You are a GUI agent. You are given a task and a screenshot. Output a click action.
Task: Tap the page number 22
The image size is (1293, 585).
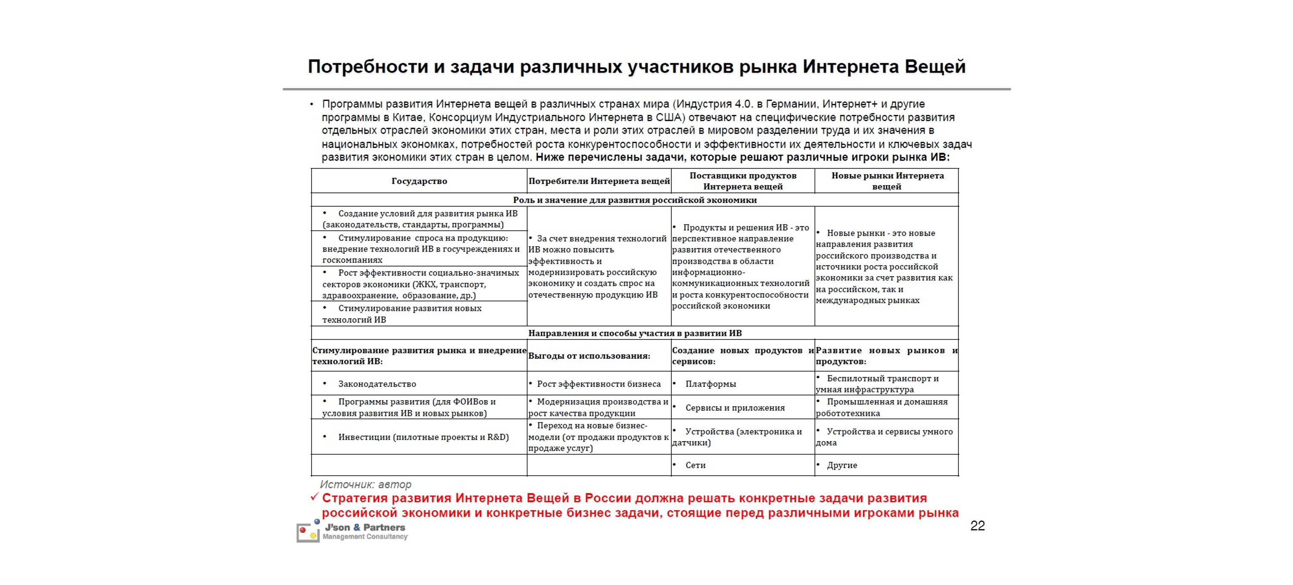977,526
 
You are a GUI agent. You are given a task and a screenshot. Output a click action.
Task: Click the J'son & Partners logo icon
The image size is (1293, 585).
308,531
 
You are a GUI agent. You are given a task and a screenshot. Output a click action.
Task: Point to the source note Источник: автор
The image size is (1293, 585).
365,485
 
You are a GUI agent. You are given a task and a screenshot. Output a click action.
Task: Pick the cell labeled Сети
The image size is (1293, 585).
695,465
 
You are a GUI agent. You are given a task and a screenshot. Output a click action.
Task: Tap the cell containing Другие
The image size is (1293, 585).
842,465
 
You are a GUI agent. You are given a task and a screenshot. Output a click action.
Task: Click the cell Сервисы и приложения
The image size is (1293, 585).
735,408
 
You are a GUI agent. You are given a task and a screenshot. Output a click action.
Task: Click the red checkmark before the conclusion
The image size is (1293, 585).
315,497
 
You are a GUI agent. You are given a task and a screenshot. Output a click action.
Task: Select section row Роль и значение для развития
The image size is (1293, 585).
634,200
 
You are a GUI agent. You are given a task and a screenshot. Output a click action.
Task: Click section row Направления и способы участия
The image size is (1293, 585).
634,333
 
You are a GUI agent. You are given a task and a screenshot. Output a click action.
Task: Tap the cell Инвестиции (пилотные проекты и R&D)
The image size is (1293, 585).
423,437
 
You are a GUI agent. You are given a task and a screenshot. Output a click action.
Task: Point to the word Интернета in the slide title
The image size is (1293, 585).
850,66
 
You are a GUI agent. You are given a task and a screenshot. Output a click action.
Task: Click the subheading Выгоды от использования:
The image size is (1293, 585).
589,356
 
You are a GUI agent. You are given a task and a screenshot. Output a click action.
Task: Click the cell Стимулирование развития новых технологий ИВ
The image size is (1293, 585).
409,314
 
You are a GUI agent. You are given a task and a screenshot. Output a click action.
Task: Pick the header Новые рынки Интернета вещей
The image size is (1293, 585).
887,181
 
